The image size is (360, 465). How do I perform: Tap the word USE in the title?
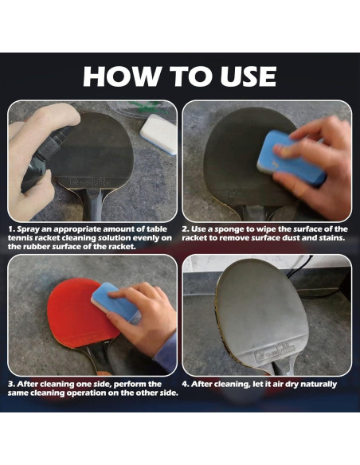(x=248, y=76)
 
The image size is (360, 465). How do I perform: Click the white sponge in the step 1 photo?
(x=158, y=134)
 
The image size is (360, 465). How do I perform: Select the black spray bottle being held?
(x=45, y=157)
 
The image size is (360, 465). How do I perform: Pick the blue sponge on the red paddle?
(x=115, y=301)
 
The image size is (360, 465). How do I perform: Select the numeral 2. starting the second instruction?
(x=186, y=229)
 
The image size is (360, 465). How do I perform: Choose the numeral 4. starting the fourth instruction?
(x=186, y=384)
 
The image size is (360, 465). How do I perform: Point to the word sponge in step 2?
(x=231, y=230)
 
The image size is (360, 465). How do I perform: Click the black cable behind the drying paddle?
(x=299, y=267)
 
